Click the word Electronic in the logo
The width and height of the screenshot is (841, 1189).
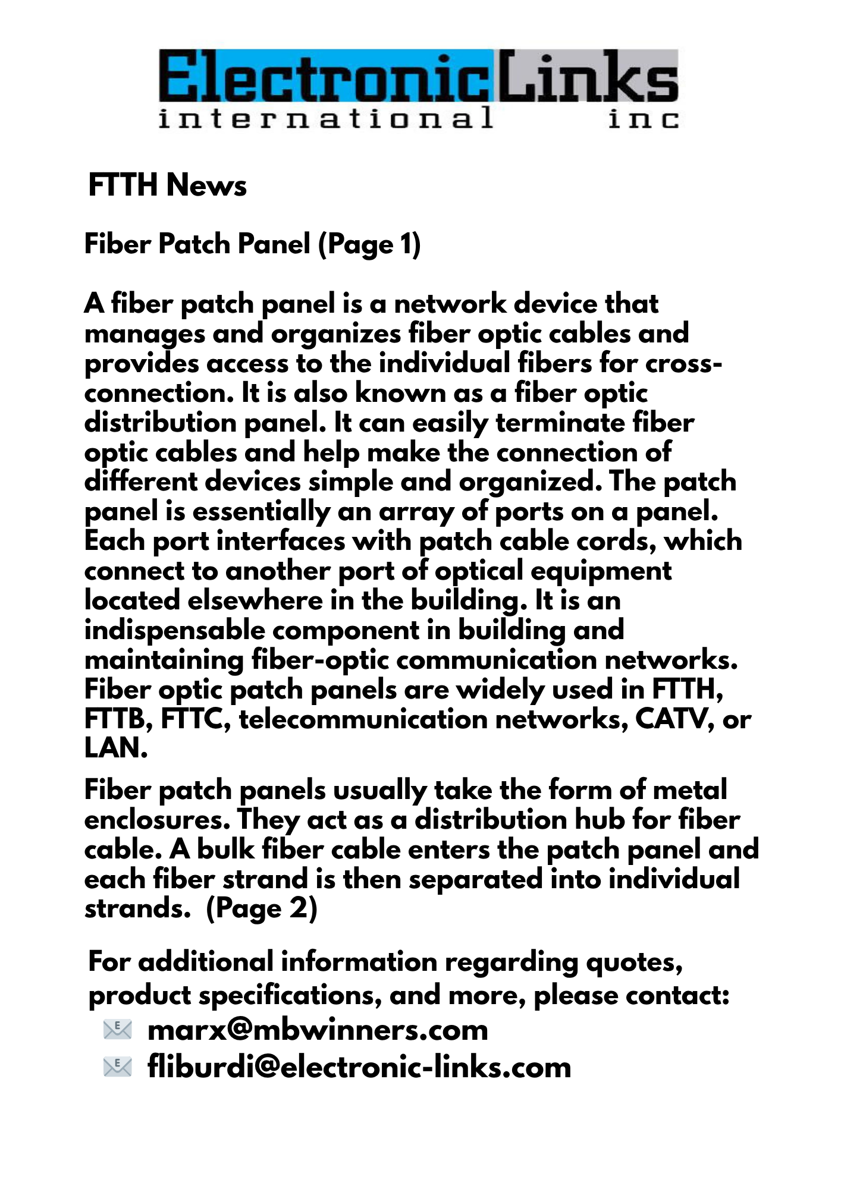point(326,76)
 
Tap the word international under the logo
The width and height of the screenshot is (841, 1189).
point(325,118)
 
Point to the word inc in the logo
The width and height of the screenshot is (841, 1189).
point(643,119)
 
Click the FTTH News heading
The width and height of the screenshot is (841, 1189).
point(167,185)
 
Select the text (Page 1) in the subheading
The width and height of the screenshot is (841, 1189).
point(369,244)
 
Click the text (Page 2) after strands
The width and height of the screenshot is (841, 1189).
point(262,908)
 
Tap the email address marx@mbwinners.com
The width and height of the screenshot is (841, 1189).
point(318,1030)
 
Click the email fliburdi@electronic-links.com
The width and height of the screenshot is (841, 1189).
point(359,1067)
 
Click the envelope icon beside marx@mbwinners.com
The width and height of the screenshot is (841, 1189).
point(117,1029)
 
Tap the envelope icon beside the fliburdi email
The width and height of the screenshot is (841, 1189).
point(117,1067)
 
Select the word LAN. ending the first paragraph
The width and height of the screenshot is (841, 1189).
point(115,748)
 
